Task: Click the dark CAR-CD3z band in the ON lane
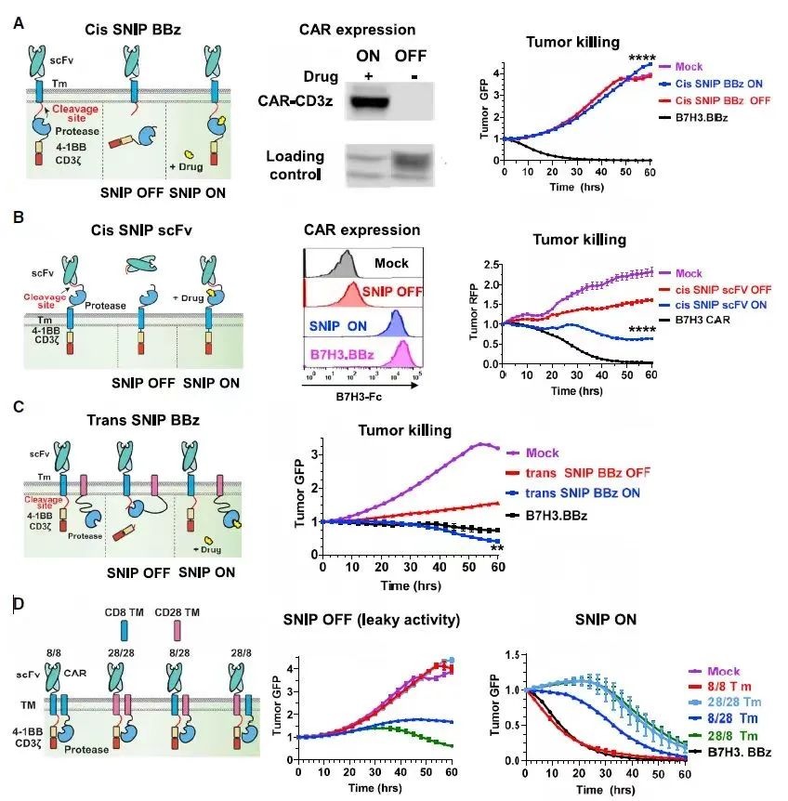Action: (x=368, y=99)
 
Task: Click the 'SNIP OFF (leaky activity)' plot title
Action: (x=372, y=621)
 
